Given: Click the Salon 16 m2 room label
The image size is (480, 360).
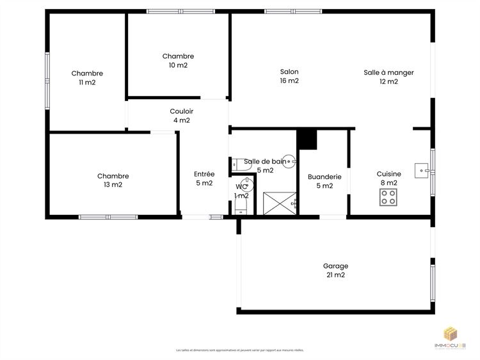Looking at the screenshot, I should coord(289,76).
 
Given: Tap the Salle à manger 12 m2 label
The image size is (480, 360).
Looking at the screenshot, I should coord(388,77).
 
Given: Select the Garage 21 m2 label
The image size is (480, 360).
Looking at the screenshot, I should coord(335,270).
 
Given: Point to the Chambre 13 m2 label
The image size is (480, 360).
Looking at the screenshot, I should coord(113,180).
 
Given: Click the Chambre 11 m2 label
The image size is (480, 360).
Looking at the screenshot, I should coord(87,77).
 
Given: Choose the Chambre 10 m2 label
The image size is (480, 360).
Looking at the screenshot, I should coord(178,61).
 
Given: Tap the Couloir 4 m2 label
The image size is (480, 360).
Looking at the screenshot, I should coord(181,116).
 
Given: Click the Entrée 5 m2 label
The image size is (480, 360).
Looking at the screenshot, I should coord(204,178).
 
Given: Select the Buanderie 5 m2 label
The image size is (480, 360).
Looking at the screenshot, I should coord(324,181).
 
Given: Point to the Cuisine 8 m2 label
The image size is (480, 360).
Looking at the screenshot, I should coord(388,178).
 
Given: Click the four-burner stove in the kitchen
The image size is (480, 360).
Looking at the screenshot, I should coord(388,198).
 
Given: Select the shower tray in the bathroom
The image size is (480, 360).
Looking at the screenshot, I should coord(278,202).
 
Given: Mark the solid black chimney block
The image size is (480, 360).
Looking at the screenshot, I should coord(307,139).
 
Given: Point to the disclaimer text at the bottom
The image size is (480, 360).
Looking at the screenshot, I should coord(240,350).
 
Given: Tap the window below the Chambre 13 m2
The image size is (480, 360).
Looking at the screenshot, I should coord(108,217).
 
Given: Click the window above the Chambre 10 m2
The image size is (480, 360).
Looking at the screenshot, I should coord(177,12).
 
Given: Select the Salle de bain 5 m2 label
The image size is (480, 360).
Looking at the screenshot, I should coord(265,166).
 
